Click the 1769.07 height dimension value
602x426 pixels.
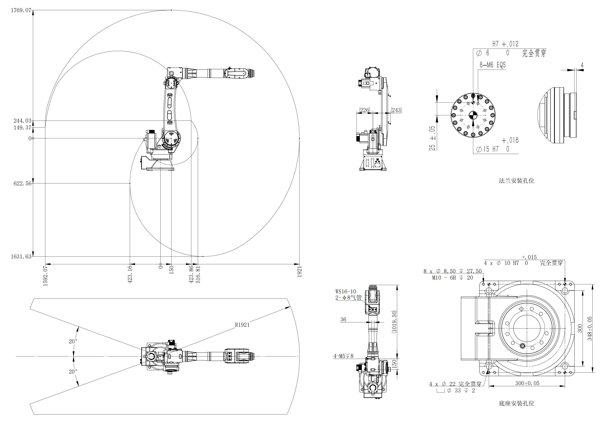click(21, 10)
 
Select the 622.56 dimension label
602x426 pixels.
click(22, 183)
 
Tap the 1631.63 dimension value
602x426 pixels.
click(21, 256)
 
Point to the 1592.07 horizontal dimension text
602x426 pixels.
click(45, 276)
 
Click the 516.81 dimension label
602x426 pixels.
click(198, 274)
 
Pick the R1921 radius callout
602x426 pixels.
click(242, 325)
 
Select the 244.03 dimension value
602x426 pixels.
click(22, 121)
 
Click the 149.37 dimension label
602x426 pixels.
click(22, 128)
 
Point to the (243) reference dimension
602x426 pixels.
click(396, 110)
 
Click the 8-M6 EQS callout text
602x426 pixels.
click(493, 65)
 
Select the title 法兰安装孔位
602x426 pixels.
click(517, 181)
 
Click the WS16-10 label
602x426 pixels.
click(346, 291)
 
